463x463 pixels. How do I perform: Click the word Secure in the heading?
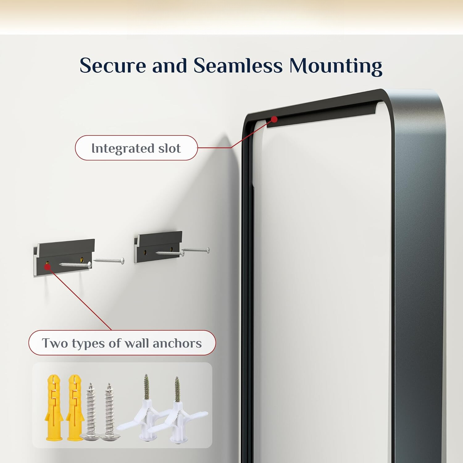(112, 65)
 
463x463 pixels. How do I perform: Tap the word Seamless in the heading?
(238, 65)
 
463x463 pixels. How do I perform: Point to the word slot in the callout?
(169, 148)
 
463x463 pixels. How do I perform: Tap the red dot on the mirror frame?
(274, 119)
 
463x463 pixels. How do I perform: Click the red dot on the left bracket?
(47, 266)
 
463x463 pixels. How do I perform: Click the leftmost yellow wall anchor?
(54, 407)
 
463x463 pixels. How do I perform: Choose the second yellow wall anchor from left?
(75, 407)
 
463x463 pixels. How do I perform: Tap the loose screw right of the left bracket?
(109, 261)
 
